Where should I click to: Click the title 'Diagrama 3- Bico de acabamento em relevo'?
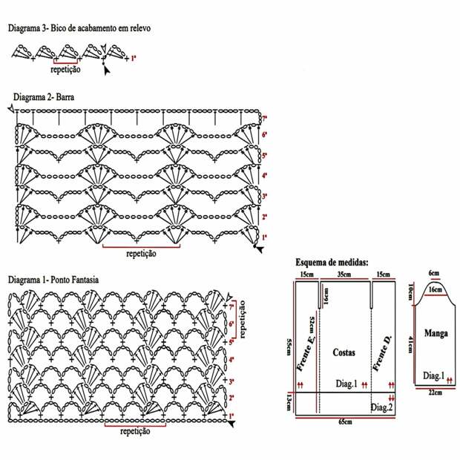click(79, 28)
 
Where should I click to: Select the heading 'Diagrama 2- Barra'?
click(44, 97)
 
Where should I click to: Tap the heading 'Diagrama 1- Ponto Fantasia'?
click(53, 280)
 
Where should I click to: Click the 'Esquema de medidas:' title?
click(332, 262)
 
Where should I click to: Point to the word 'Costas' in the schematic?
click(344, 352)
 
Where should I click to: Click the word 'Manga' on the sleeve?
click(436, 333)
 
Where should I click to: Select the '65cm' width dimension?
click(345, 422)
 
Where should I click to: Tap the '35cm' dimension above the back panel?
click(344, 275)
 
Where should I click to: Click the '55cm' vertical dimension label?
click(289, 347)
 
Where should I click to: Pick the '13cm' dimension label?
click(289, 402)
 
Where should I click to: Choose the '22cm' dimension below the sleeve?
click(435, 392)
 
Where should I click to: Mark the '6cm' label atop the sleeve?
click(434, 273)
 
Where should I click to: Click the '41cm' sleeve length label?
click(411, 345)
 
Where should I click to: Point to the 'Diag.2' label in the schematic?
click(381, 407)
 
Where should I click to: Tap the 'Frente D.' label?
click(382, 353)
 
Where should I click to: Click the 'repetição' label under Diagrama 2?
click(141, 254)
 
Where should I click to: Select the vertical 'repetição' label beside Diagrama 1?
click(243, 320)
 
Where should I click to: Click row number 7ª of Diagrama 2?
click(264, 119)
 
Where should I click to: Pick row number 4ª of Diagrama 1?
click(231, 359)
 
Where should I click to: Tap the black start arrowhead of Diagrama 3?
click(107, 71)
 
